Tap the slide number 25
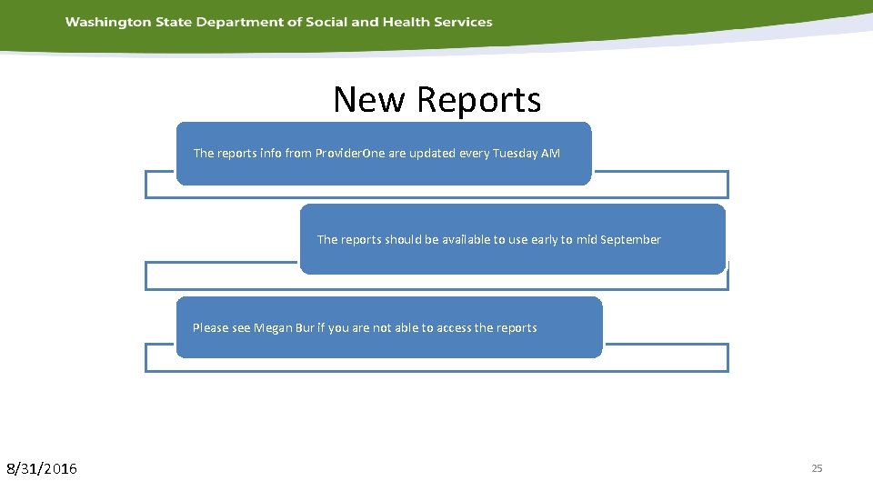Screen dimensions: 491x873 (817, 468)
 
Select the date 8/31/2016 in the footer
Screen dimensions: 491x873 (42, 469)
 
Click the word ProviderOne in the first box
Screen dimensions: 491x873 (350, 154)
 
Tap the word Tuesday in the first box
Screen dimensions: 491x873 (515, 154)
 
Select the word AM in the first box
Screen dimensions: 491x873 (551, 154)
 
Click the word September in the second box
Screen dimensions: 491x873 (630, 240)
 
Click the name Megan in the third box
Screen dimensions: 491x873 (273, 328)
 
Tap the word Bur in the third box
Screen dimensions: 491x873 (306, 328)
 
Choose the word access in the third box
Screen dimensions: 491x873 (454, 328)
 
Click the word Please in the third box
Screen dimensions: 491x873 (210, 328)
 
